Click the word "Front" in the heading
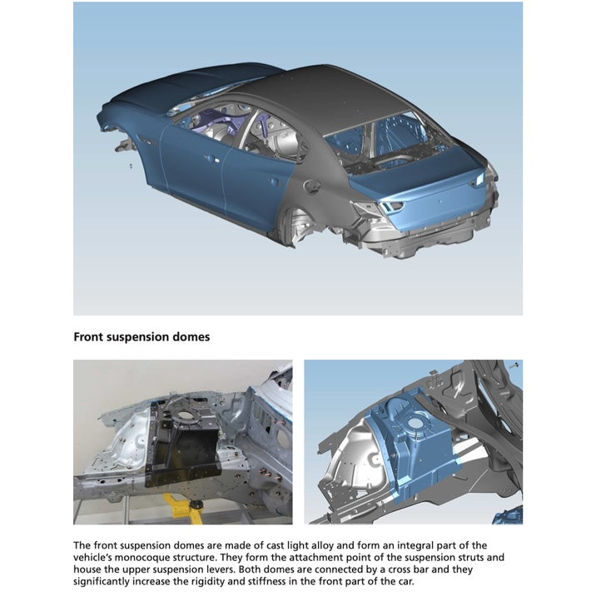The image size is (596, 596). click(89, 337)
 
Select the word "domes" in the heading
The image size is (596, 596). click(190, 337)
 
